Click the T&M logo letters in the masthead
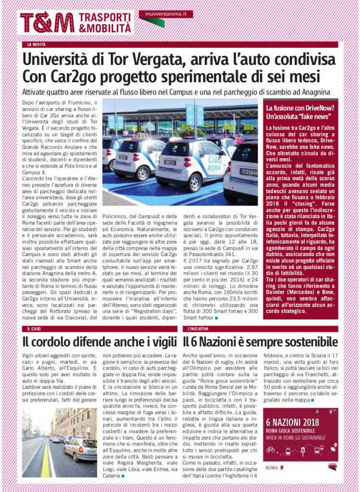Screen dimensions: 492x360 [x=47, y=22]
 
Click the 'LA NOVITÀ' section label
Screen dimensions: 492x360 [x=37, y=45]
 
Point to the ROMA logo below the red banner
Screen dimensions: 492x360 [x=274, y=467]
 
